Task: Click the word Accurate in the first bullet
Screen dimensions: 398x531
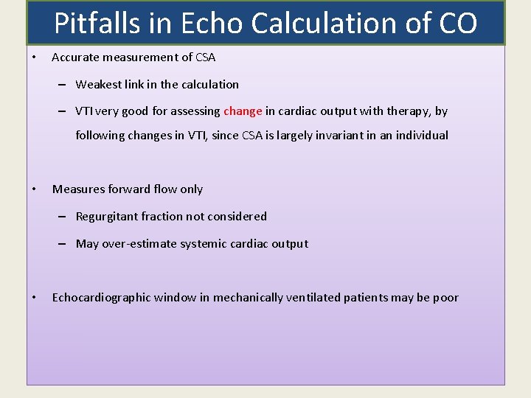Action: tap(76, 57)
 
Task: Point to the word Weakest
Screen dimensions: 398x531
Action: tap(100, 84)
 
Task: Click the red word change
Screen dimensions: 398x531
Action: tap(243, 111)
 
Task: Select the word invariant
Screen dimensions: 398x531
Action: tap(336, 136)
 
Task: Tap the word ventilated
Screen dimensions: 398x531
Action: tap(314, 298)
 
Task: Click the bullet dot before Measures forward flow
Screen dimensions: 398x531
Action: tap(35, 189)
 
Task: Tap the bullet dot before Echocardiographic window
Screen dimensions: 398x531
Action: tap(35, 298)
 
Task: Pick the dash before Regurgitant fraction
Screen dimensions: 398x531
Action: tap(64, 217)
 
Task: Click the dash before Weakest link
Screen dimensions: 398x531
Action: tap(64, 84)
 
